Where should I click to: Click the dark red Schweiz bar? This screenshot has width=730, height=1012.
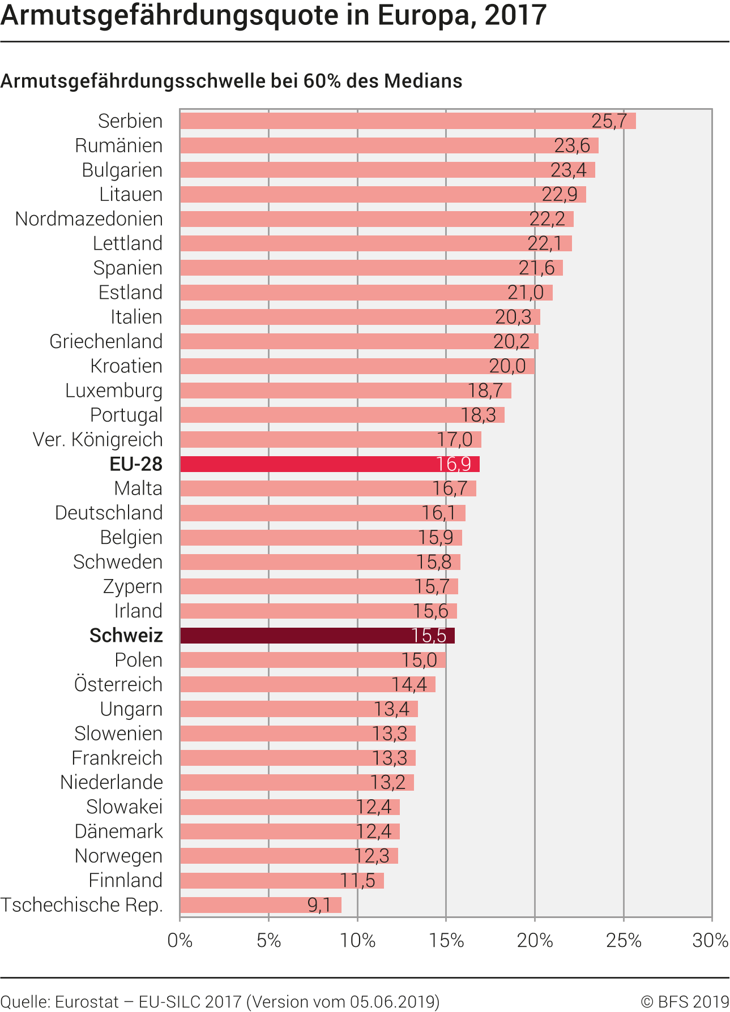point(317,636)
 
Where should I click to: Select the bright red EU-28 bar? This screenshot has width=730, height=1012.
point(330,464)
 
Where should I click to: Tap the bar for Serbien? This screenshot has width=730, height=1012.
point(408,121)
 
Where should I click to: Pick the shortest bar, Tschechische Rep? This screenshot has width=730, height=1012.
point(261,905)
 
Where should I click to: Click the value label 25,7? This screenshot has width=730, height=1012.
point(609,121)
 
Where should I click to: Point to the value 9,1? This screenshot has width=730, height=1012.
point(319,905)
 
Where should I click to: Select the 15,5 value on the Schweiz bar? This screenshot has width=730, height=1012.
point(429,636)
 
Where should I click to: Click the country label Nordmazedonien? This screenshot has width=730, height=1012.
point(89,219)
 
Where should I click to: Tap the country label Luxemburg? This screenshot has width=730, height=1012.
point(114,391)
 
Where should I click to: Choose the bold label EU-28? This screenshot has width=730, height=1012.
point(136,464)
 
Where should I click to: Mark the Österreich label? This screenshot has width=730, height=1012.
point(118,684)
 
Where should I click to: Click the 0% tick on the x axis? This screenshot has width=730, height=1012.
point(180,940)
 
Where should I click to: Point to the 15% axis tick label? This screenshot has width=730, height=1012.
point(446,940)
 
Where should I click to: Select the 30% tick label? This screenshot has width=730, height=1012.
point(710,940)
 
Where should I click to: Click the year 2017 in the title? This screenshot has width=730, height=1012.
point(515,15)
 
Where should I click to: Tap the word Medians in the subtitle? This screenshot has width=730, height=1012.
point(423,81)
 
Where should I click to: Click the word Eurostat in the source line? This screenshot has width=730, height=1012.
point(87,1001)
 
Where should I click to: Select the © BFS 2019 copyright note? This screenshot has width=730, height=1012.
point(685,1001)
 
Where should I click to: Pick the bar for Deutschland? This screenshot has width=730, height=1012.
point(323,513)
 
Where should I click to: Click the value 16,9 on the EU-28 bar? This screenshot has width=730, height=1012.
point(454,464)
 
